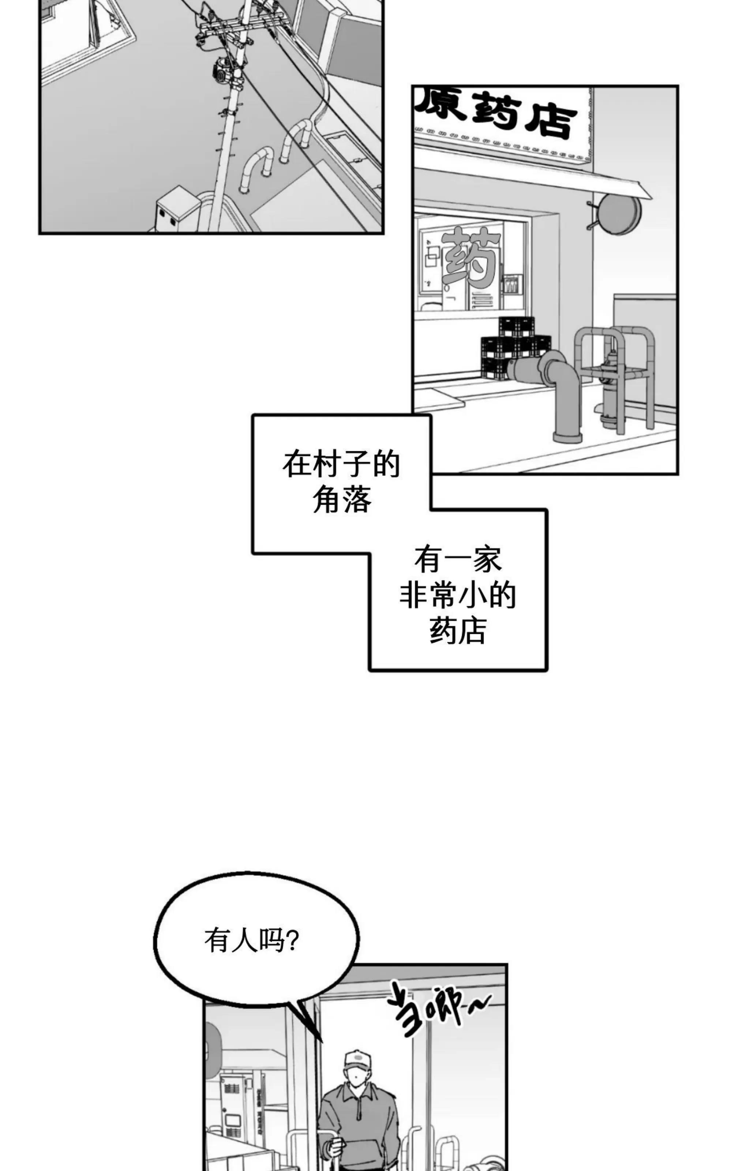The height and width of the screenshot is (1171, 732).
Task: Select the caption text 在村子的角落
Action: coord(341,482)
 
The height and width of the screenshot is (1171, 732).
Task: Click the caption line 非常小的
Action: coord(458,596)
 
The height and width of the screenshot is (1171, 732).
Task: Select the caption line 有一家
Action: coord(458,560)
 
